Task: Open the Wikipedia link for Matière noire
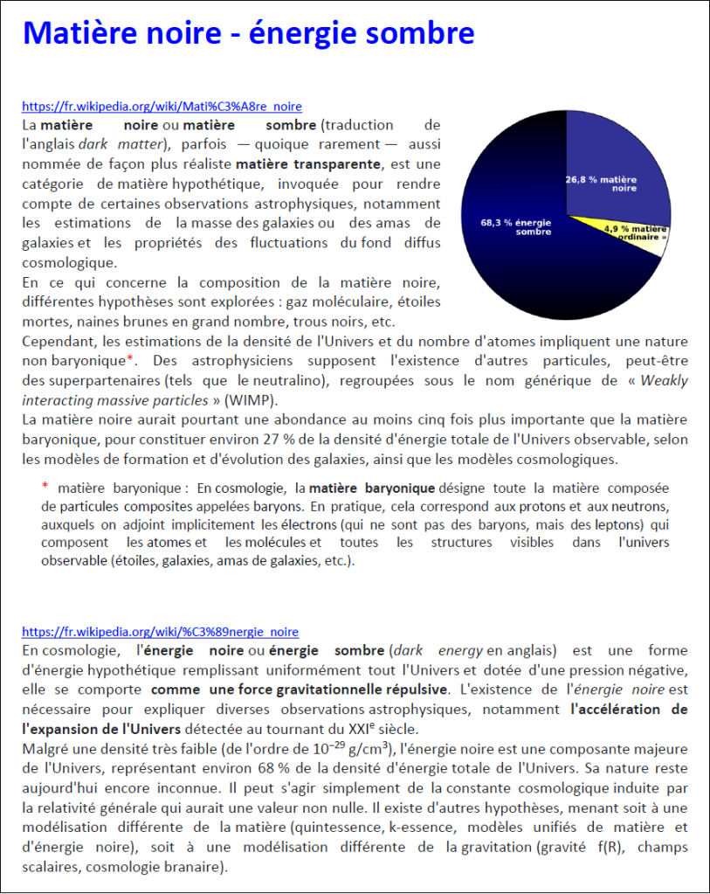point(162,107)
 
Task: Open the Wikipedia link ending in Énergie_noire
point(160,632)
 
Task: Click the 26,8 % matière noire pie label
point(602,183)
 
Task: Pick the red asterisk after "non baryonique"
point(130,359)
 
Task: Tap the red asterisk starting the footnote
point(45,487)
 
